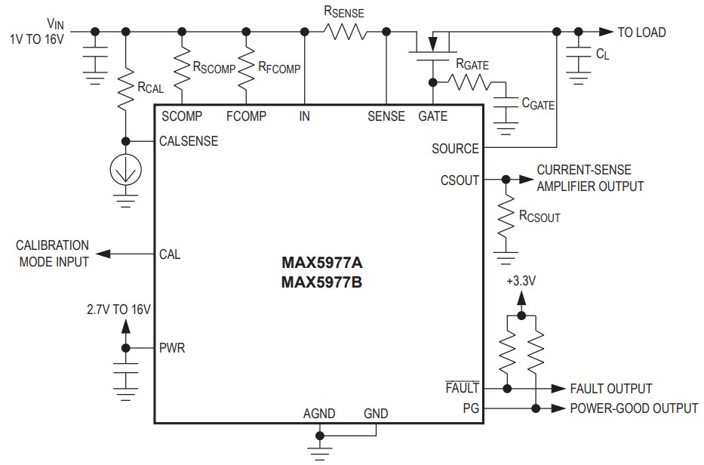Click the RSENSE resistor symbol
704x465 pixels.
click(345, 32)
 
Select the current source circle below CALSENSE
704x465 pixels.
click(125, 171)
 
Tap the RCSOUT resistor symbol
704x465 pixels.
click(505, 219)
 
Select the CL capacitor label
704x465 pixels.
click(603, 54)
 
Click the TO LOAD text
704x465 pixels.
click(641, 32)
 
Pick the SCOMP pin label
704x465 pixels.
click(181, 116)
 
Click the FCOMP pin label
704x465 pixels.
click(246, 116)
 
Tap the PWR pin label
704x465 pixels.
click(172, 349)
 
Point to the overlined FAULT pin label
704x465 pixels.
click(463, 388)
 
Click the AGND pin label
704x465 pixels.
click(319, 414)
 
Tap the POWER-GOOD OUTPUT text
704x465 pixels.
click(634, 408)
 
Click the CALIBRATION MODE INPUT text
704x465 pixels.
click(52, 254)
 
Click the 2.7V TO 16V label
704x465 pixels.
click(120, 309)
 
